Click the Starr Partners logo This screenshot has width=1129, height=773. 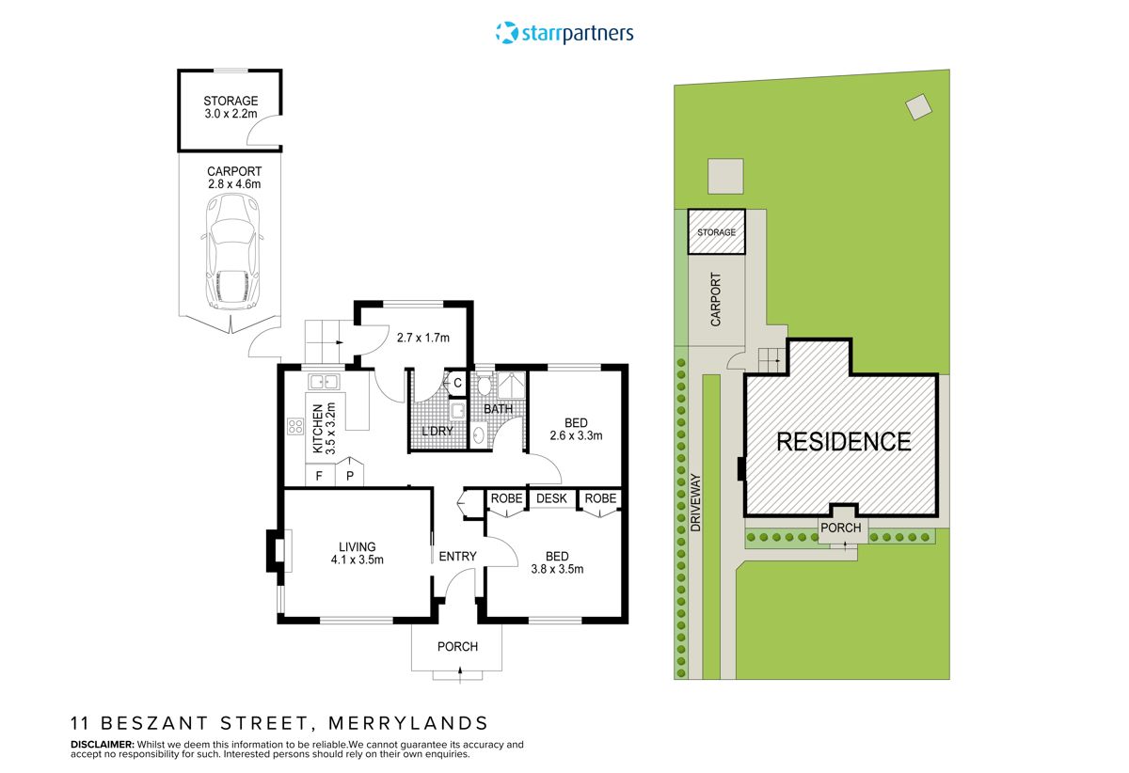pos(564,34)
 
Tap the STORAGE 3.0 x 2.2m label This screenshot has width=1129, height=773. pos(231,108)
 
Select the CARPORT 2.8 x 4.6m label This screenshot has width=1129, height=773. pos(234,178)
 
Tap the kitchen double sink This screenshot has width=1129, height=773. pos(325,381)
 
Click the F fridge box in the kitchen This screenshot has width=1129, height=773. pos(319,476)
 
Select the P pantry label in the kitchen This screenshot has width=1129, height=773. pos(349,476)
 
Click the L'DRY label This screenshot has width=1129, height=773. pos(437,432)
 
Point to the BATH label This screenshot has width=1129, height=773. pos(497,410)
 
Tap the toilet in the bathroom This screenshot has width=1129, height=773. pos(485,385)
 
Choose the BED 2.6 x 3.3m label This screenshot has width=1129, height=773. pos(575,429)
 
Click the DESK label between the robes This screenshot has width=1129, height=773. pos(552,498)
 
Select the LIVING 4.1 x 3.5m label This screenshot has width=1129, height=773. pos(357,553)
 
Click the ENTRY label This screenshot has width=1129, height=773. pos(457,557)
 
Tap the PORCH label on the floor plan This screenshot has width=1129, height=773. pos(458,647)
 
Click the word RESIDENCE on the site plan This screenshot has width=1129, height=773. pos(843,442)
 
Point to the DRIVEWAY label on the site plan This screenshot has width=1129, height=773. pos(697,503)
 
